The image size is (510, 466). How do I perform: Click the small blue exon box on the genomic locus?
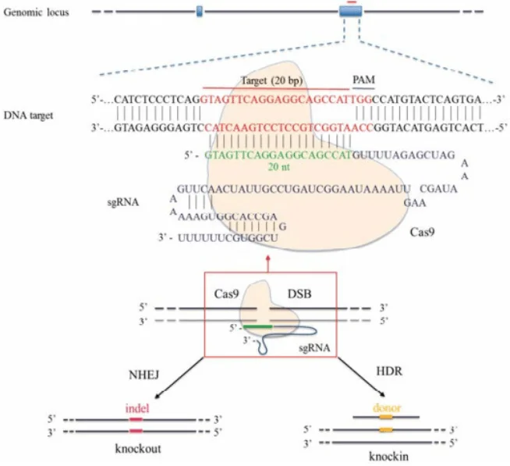(200, 11)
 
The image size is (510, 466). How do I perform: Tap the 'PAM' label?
(364, 80)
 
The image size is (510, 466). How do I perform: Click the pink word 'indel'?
(136, 407)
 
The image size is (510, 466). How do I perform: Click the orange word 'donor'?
(385, 406)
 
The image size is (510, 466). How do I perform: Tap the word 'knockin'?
(385, 452)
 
